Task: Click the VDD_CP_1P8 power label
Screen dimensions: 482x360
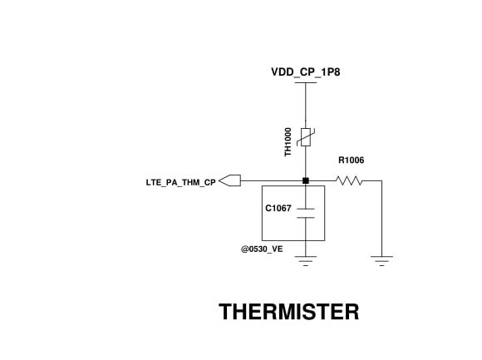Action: [x=306, y=72]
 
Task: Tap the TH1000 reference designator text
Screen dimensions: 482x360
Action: [x=288, y=142]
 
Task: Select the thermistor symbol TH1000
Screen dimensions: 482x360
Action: [x=306, y=137]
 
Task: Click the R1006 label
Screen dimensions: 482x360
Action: [x=351, y=160]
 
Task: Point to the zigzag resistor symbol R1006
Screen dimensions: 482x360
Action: [x=349, y=180]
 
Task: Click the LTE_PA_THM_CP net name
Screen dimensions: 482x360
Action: [x=181, y=183]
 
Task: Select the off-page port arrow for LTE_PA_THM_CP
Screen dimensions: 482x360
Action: [x=229, y=180]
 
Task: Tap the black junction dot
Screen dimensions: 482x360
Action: [x=306, y=180]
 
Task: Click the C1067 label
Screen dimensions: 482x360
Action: [x=278, y=209]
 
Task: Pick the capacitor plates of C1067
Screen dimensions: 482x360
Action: [x=306, y=213]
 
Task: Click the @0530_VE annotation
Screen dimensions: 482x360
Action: [x=262, y=249]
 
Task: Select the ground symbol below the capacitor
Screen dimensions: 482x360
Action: [x=306, y=261]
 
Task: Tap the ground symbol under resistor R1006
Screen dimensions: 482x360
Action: [x=381, y=261]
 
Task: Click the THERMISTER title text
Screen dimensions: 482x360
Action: [x=289, y=312]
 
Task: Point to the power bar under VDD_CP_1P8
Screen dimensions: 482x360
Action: [x=306, y=82]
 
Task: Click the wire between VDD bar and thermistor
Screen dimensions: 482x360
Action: [x=306, y=106]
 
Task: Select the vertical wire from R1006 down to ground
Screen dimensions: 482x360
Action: [x=381, y=219]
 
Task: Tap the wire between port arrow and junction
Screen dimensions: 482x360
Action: [x=272, y=180]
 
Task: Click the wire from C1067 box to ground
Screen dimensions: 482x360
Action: [x=306, y=249]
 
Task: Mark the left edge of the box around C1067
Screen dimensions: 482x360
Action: [x=262, y=213]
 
